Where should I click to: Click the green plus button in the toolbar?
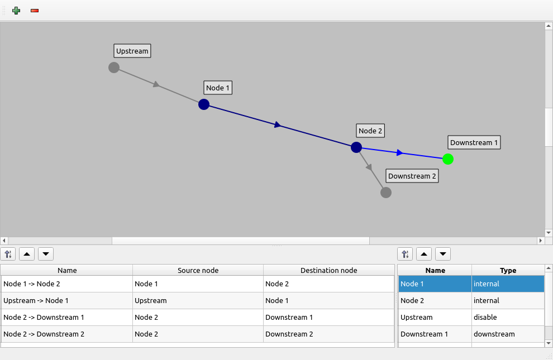[16, 11]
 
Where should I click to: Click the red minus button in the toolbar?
[35, 11]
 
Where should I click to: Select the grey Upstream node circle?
[114, 68]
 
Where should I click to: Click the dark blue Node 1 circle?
[204, 104]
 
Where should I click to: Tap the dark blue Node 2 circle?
[356, 147]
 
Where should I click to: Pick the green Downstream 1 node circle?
[448, 159]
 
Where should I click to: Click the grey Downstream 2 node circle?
[386, 193]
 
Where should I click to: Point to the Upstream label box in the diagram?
[132, 51]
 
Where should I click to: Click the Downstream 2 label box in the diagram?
[412, 176]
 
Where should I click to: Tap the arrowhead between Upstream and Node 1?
[157, 85]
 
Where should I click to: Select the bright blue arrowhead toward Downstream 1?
[399, 152]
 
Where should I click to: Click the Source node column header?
[198, 271]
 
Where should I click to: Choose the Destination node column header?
[328, 271]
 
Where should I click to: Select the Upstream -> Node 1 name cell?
[67, 301]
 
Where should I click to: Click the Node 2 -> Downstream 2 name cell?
[67, 334]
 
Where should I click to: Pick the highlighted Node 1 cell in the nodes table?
[435, 284]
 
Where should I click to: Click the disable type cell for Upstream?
[508, 318]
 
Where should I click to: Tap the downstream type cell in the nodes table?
[508, 334]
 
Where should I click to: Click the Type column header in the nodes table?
[508, 271]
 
